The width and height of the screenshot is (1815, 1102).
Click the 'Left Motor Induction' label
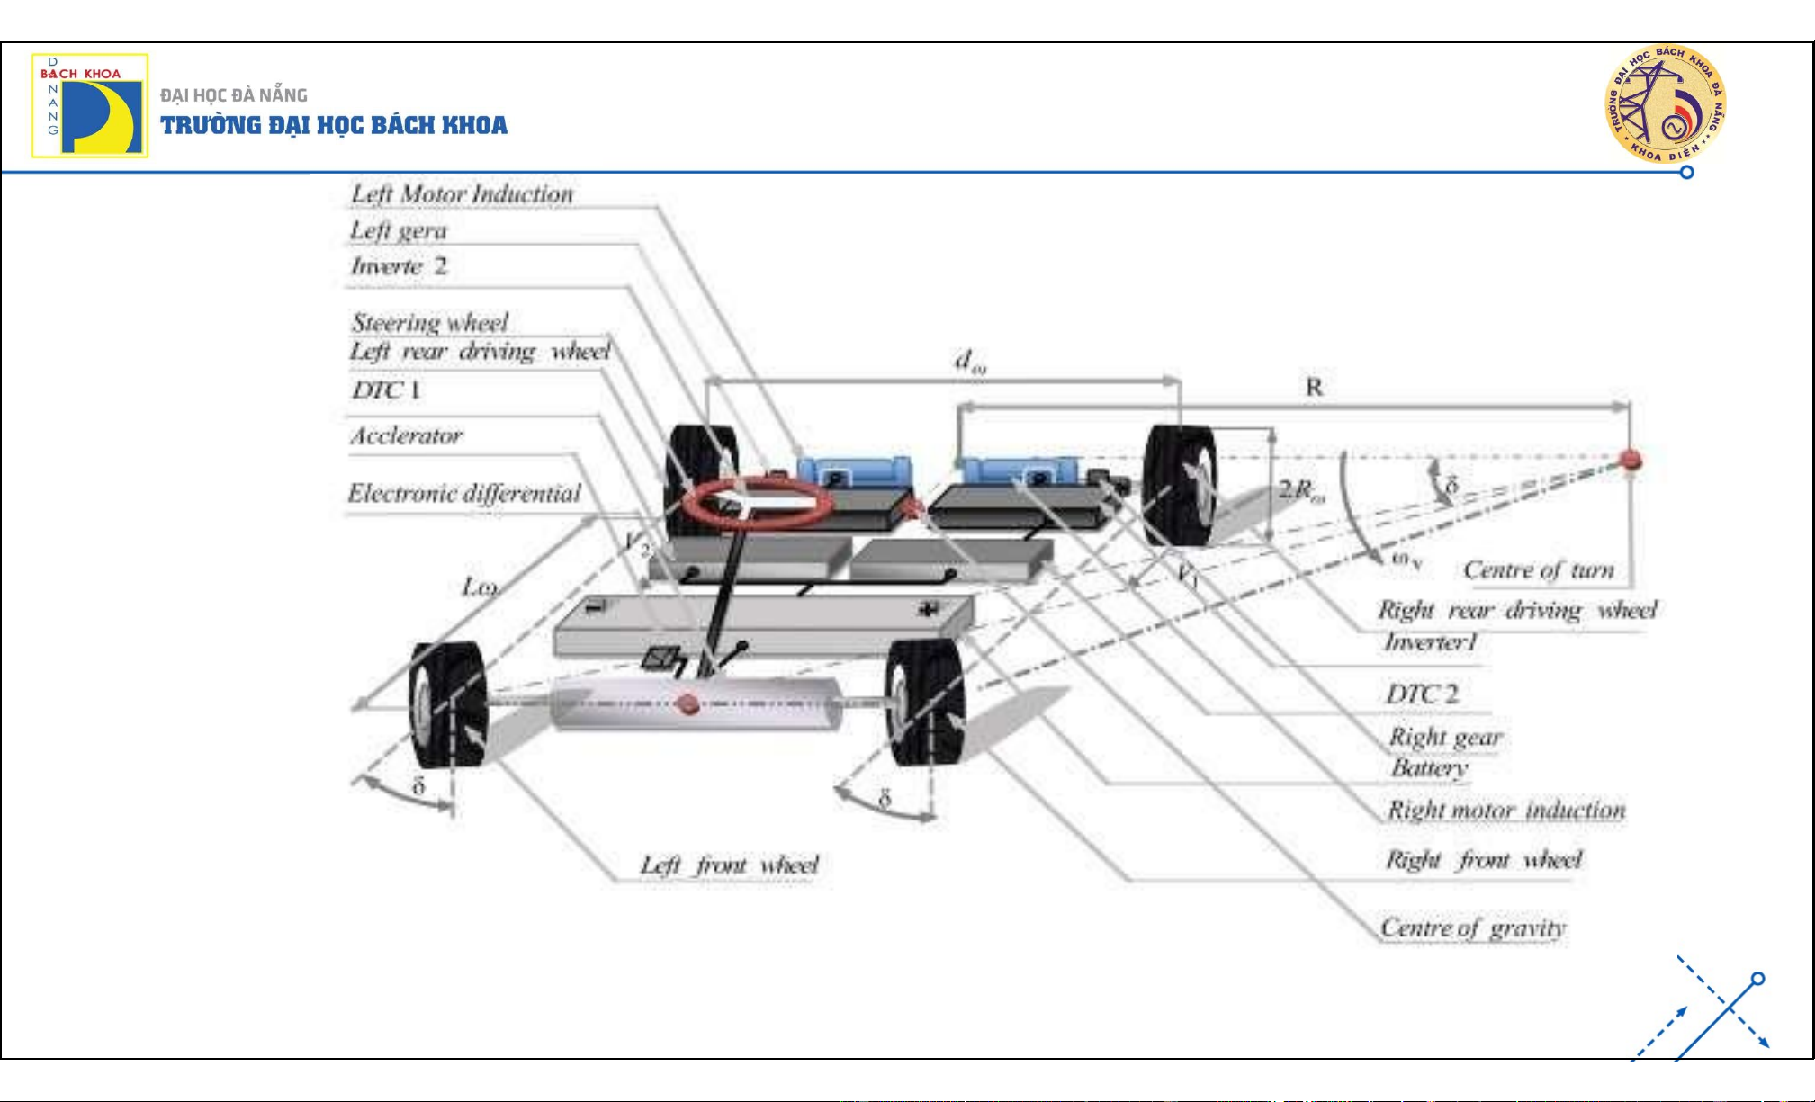(462, 193)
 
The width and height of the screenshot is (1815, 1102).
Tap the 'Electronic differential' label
(464, 493)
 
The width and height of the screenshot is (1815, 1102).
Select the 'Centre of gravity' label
(1473, 927)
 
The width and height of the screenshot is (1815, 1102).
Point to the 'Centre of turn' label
(1538, 569)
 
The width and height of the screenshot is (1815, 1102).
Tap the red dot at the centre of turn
(1631, 461)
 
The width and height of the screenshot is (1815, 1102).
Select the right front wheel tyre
(924, 702)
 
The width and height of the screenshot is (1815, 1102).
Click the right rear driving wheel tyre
(1179, 486)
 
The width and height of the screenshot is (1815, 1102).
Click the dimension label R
(1314, 388)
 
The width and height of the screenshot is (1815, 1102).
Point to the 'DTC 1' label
(386, 390)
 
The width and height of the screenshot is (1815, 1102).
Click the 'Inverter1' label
(1430, 642)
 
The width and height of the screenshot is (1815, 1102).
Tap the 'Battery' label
(1429, 767)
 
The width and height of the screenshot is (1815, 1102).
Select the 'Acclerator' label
(406, 436)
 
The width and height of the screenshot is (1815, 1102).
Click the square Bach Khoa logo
(90, 105)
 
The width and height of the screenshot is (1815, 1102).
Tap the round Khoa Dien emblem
(1666, 104)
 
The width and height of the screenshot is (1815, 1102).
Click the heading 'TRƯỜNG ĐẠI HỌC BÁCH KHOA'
(334, 125)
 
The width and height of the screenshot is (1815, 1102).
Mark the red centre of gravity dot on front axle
(687, 703)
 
